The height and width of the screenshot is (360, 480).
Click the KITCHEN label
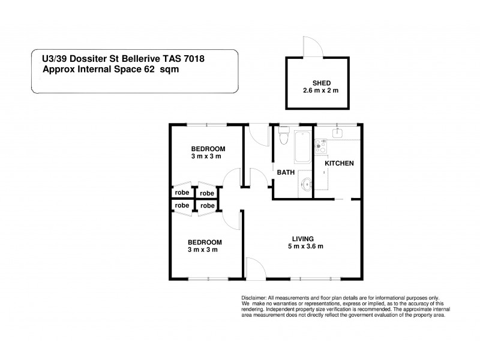(339, 163)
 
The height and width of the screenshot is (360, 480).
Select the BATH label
(285, 172)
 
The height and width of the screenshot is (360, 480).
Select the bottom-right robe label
(208, 206)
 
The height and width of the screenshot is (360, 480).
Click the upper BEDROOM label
(208, 149)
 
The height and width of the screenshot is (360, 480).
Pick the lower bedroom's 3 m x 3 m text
(205, 250)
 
